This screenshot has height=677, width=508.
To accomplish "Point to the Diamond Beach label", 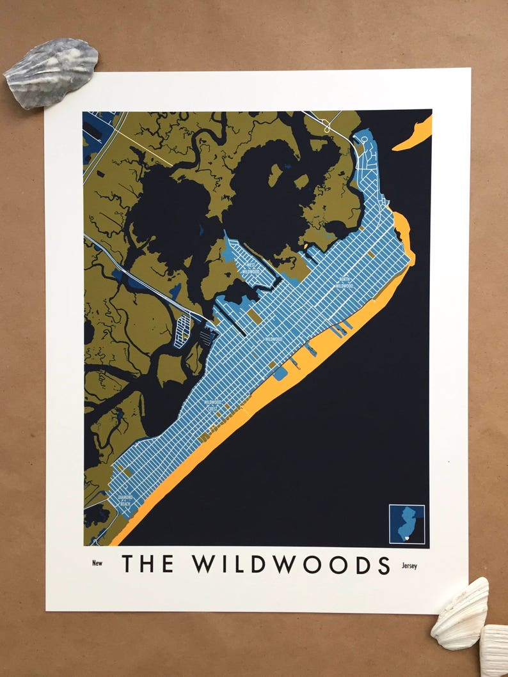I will pyautogui.click(x=125, y=500).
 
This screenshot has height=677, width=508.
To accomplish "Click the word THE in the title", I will pyautogui.click(x=148, y=564).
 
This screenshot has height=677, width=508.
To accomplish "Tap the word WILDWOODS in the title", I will pyautogui.click(x=291, y=564).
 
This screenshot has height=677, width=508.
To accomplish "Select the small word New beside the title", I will pyautogui.click(x=97, y=563).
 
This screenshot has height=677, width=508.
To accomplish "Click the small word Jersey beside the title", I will pyautogui.click(x=409, y=566).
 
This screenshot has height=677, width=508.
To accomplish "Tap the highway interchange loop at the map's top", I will pyautogui.click(x=328, y=125).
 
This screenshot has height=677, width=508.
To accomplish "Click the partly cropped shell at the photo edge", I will pyautogui.click(x=495, y=651).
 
